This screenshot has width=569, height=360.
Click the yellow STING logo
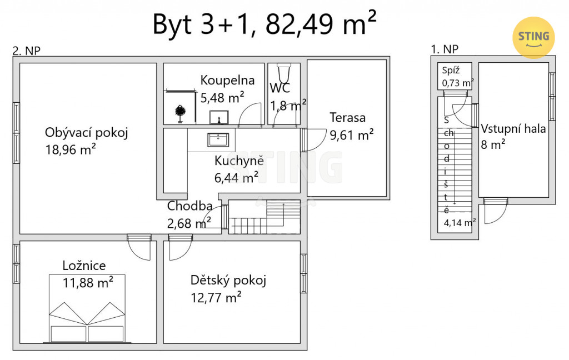533,37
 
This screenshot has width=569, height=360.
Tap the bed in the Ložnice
87,308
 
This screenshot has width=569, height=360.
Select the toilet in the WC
284,73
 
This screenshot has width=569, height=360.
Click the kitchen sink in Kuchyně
218,139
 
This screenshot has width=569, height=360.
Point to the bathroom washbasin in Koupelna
219,117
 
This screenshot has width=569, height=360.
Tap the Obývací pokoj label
86,133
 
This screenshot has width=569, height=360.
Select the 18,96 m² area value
71,149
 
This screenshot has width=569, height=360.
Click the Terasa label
347,118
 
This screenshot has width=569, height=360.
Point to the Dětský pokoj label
228,281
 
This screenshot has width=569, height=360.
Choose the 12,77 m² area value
216,297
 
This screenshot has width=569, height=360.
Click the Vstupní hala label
513,128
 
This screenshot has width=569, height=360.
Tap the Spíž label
451,71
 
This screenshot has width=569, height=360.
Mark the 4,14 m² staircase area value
460,222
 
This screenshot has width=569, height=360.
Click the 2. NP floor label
27,51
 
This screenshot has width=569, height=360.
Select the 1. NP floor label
445,49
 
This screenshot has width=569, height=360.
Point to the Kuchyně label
239,161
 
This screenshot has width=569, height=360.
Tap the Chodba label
189,206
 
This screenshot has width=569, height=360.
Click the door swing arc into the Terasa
322,143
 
